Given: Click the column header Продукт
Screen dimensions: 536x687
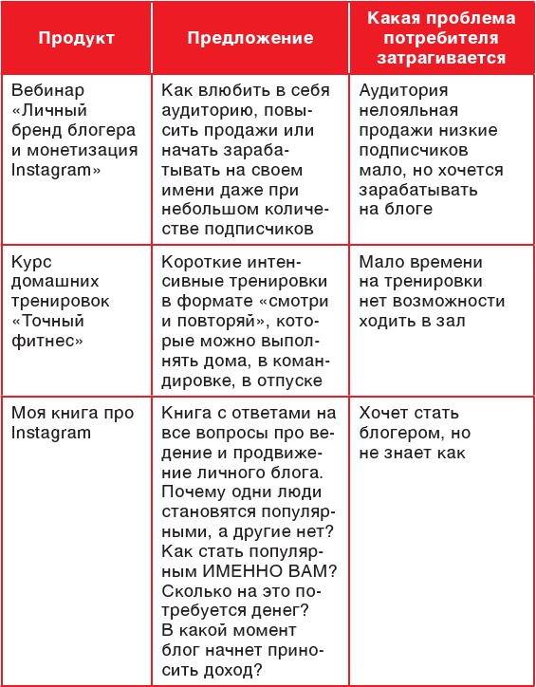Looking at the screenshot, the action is [77, 39].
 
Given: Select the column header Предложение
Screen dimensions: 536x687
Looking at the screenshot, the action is [250, 39].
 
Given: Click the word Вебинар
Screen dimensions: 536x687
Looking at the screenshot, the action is [44, 92].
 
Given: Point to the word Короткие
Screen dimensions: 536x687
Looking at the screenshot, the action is [200, 262].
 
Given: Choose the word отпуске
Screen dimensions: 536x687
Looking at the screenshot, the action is [293, 379].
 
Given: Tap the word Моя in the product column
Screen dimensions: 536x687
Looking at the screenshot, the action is [28, 413].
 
